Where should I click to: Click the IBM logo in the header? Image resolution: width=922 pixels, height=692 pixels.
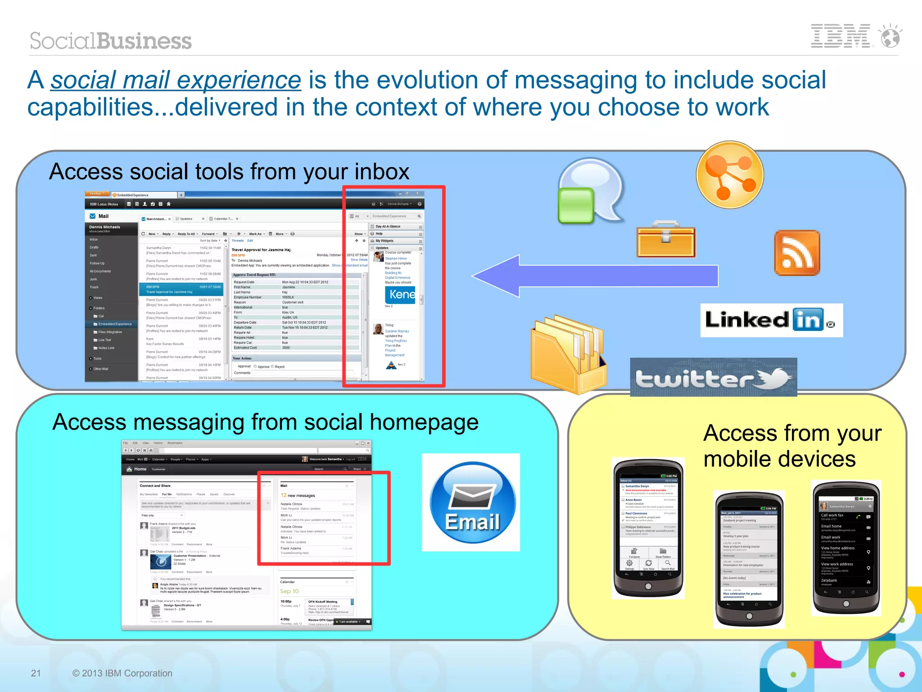tap(840, 36)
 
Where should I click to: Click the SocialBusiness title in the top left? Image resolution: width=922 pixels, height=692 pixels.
tap(111, 41)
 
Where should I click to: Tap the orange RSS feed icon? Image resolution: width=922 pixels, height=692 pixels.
tap(797, 253)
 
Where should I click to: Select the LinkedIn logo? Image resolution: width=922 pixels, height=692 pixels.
tap(771, 320)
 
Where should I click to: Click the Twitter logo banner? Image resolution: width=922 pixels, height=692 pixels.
tap(713, 377)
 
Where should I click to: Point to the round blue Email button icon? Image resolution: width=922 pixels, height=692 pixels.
tap(472, 502)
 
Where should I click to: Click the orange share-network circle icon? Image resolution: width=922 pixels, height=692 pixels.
tap(730, 175)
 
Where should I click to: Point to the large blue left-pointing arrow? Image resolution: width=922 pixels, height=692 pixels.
tap(594, 276)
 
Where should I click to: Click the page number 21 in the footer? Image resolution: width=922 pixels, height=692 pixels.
tap(36, 673)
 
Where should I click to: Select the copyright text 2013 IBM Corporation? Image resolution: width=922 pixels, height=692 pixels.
tap(122, 673)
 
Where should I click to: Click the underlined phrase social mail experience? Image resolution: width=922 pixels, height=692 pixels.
tap(176, 81)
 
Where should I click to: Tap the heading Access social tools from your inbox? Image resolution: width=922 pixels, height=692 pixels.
tap(229, 172)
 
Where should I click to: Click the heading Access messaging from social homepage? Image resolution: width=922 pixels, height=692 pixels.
tap(265, 422)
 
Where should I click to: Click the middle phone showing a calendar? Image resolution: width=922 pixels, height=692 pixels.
tap(749, 559)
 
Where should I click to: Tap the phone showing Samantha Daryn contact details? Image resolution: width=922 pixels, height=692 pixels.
tap(845, 547)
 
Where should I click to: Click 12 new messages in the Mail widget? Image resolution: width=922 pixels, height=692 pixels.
tap(298, 495)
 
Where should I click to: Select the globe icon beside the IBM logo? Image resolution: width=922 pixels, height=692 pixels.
tap(890, 37)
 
